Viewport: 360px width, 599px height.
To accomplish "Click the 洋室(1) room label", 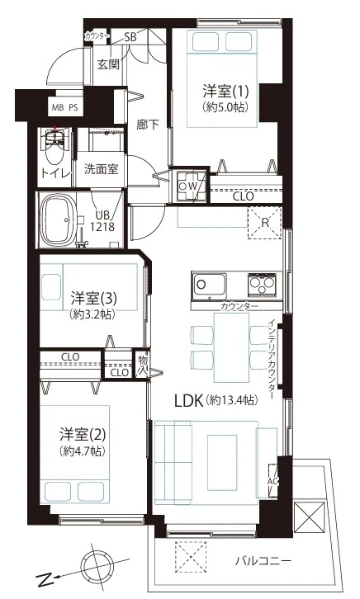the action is pyautogui.click(x=225, y=92).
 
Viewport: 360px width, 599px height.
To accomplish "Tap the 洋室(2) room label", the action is pyautogui.click(x=83, y=434).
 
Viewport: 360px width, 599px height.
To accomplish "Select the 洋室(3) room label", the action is pyautogui.click(x=93, y=298).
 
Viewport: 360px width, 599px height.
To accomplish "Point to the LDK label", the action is pyautogui.click(x=188, y=401).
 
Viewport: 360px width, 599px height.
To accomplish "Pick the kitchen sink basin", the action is pyautogui.click(x=209, y=285).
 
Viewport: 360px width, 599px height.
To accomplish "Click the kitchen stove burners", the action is pyautogui.click(x=262, y=285).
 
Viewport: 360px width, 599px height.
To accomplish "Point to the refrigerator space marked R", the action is pyautogui.click(x=264, y=223).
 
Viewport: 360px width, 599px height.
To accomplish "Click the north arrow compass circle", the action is pyautogui.click(x=98, y=564).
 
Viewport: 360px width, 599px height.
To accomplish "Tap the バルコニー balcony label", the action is pyautogui.click(x=263, y=561).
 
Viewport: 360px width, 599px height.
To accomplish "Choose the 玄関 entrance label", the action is pyautogui.click(x=108, y=64).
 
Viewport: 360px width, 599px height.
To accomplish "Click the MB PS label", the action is pyautogui.click(x=64, y=108).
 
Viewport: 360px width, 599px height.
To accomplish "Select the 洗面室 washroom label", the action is pyautogui.click(x=101, y=168).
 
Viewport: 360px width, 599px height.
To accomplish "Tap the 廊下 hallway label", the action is pyautogui.click(x=148, y=125).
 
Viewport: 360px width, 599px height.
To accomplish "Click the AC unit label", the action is pyautogui.click(x=272, y=481).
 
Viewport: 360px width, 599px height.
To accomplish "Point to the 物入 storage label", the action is pyautogui.click(x=143, y=365).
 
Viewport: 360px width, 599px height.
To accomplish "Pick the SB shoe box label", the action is pyautogui.click(x=130, y=37).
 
